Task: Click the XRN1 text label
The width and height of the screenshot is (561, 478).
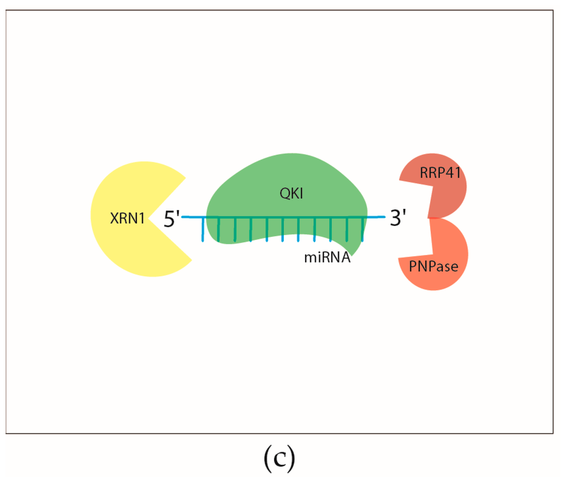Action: coord(127,219)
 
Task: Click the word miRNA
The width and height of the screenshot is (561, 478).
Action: coord(328,258)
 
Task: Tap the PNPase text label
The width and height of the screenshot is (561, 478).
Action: coord(433,267)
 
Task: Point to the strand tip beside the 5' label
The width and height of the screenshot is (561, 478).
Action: coord(184,218)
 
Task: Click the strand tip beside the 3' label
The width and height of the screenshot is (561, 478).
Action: coord(383,217)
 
